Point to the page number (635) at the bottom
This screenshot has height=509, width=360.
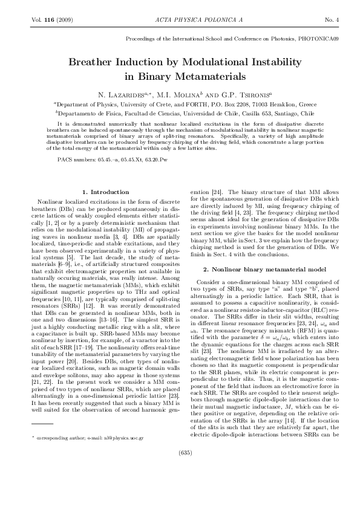coord(180,485)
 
